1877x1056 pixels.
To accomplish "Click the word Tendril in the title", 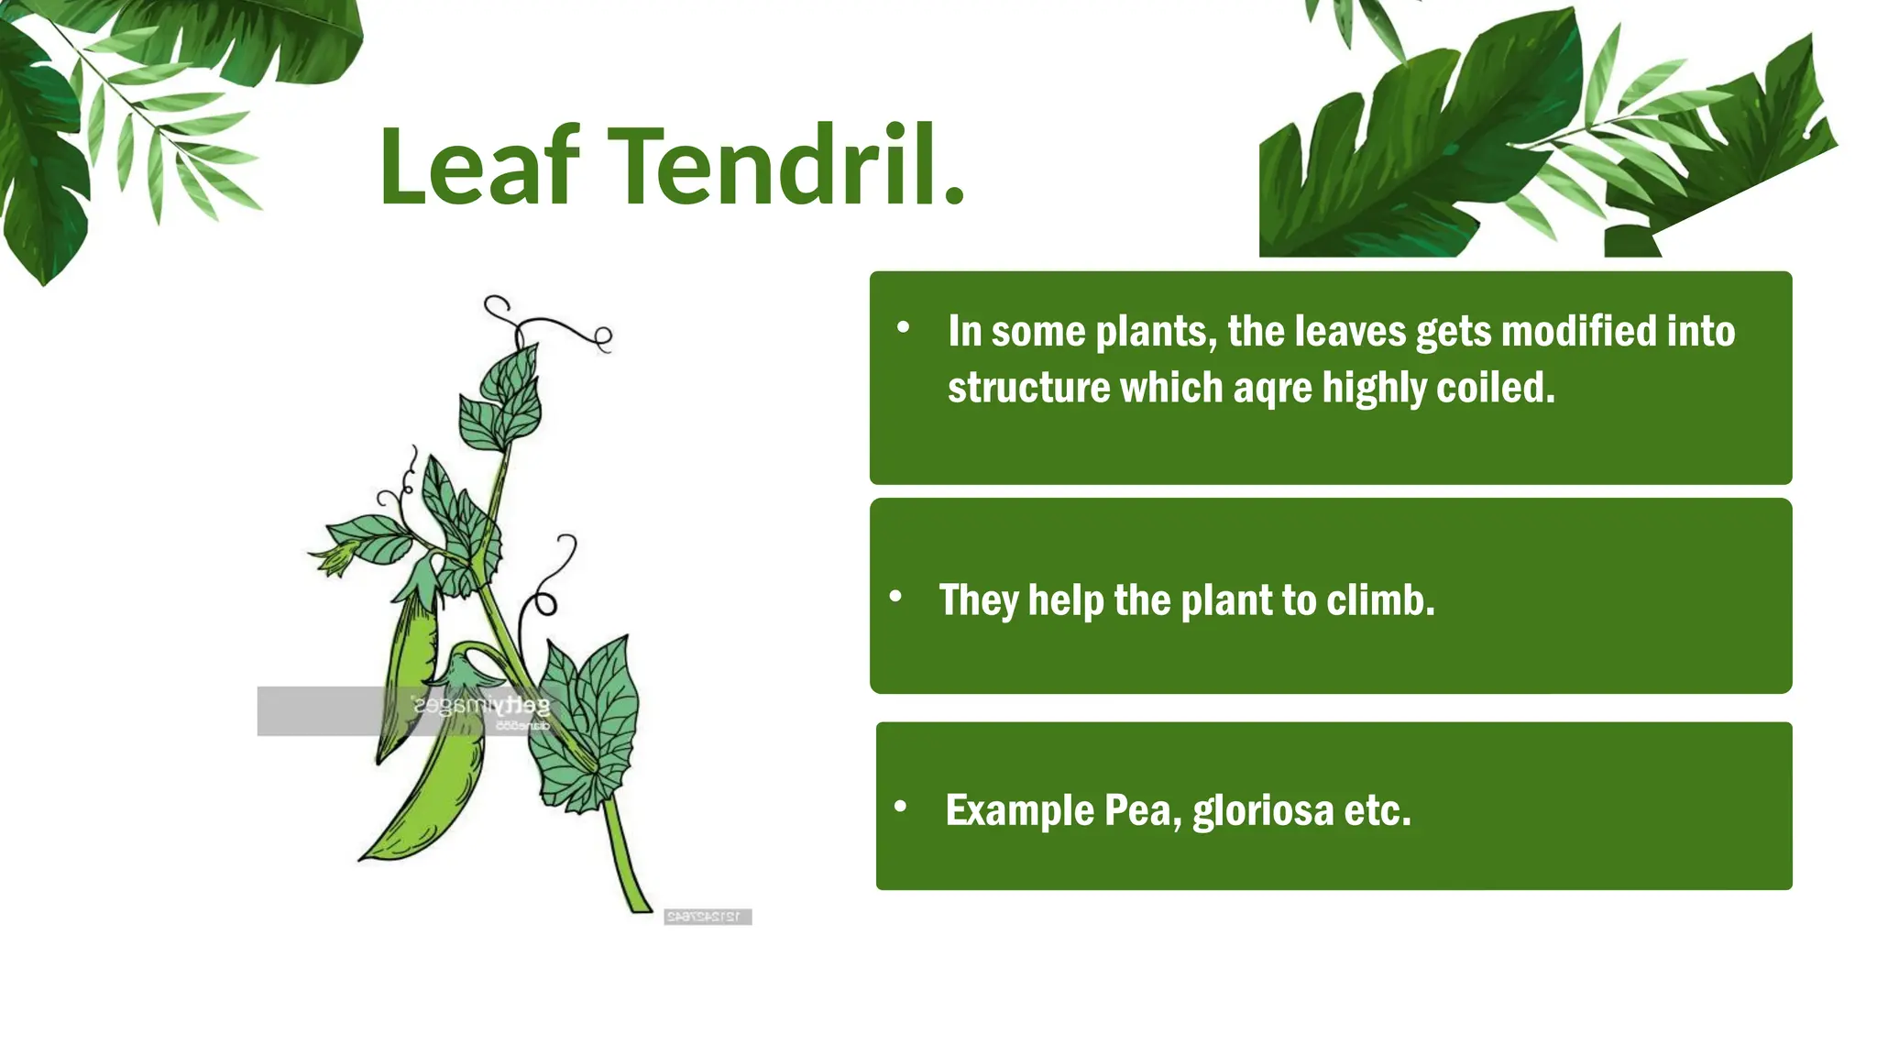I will pos(775,168).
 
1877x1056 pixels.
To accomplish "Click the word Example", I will pos(1019,811).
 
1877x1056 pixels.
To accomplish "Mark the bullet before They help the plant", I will pos(896,598).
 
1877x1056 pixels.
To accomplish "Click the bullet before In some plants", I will pos(904,327).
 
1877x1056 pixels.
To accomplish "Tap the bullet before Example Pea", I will pos(901,807).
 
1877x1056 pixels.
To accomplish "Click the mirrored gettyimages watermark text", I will pos(481,706).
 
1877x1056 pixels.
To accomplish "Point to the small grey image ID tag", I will pos(707,917).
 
